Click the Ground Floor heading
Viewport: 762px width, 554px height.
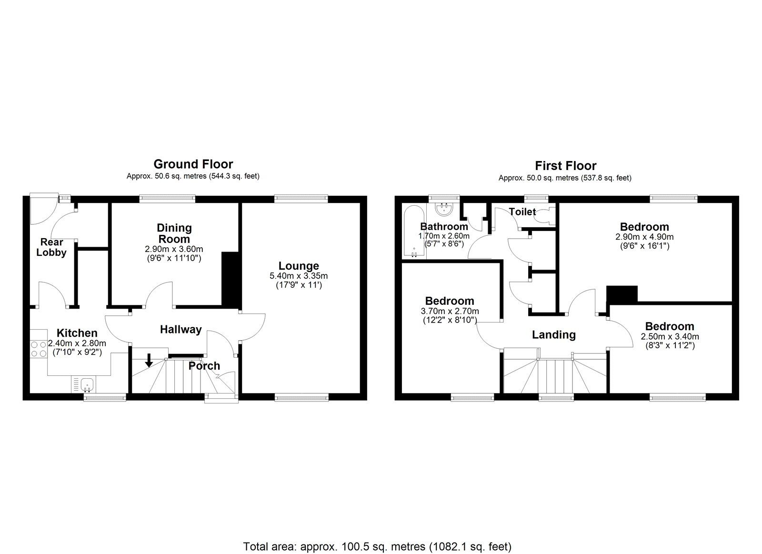(x=193, y=164)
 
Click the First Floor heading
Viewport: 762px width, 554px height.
(x=565, y=166)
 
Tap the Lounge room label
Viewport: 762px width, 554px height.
(x=299, y=266)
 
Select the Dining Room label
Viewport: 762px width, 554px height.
(x=174, y=233)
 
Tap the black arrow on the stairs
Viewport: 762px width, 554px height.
(x=149, y=361)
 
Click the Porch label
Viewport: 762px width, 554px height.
(x=204, y=366)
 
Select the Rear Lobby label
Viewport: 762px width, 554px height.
(x=51, y=247)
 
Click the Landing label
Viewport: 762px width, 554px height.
(x=553, y=335)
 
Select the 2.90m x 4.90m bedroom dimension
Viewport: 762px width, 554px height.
(x=644, y=237)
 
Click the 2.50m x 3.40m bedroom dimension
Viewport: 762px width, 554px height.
(x=670, y=336)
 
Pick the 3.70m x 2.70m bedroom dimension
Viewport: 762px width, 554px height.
(x=450, y=311)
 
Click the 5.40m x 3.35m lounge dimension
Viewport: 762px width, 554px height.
(x=299, y=276)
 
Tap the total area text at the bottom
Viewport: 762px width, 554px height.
(x=377, y=533)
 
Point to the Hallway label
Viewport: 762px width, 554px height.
(x=180, y=330)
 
